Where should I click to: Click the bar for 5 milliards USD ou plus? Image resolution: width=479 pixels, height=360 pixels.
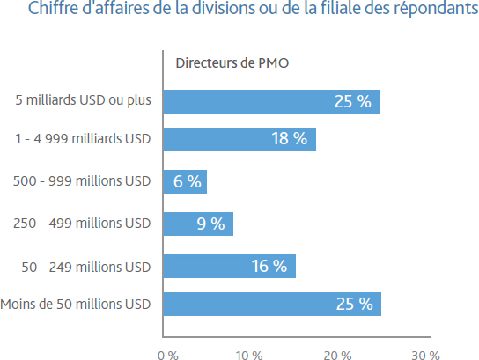point(272,102)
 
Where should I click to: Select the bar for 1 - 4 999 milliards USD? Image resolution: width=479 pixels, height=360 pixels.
point(239,139)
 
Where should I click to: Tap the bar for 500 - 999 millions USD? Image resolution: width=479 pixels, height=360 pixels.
point(185,181)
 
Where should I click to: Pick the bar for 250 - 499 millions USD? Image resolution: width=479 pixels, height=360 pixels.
point(199,224)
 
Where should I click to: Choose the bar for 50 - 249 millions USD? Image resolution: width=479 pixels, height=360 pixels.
point(230,267)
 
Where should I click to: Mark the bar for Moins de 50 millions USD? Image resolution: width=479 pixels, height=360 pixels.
point(272,305)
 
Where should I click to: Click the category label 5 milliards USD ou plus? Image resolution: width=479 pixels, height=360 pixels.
point(83,100)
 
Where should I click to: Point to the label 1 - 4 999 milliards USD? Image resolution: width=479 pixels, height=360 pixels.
point(83,139)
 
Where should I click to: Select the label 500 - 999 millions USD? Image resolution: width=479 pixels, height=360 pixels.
point(82,181)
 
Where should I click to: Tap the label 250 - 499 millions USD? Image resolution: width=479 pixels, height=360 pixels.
point(82,224)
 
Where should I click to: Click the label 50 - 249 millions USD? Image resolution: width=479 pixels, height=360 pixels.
point(86,268)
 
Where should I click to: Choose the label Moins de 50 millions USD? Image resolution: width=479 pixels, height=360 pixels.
point(76,305)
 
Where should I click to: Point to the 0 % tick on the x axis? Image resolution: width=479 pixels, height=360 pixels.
point(168,355)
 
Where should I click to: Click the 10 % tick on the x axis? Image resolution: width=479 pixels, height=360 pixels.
point(249,355)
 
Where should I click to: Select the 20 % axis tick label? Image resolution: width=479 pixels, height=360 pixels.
point(337,355)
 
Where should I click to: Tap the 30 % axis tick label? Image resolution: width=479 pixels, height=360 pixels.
point(426,355)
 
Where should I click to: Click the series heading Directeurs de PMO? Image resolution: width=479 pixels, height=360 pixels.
point(232,63)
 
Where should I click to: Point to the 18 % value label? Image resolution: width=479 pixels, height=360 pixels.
point(290,138)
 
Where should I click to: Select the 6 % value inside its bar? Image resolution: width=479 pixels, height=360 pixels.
point(188,181)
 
